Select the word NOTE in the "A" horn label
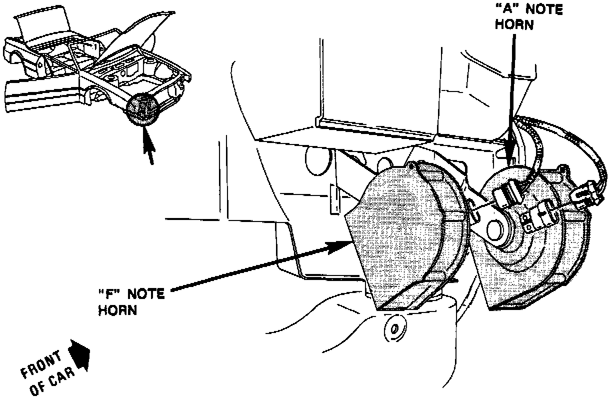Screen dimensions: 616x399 pyautogui.click(x=544, y=10)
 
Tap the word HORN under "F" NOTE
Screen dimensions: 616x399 pyautogui.click(x=117, y=310)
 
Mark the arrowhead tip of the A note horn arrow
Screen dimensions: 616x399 pyautogui.click(x=510, y=161)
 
